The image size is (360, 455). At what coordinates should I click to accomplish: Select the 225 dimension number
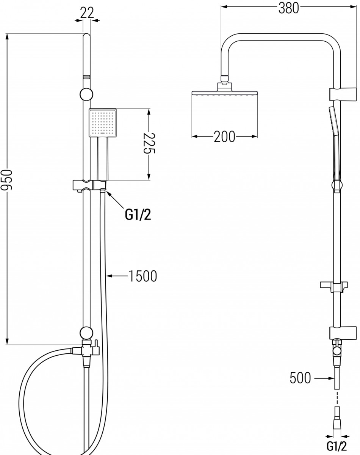point(149,143)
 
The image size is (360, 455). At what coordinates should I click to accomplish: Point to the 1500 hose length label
point(143,276)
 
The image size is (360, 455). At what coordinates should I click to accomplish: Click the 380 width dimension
point(288,8)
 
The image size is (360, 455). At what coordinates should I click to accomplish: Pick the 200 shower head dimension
point(224,137)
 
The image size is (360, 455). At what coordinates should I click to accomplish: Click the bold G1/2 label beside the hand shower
point(138,215)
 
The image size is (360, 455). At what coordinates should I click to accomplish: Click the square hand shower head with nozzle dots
point(103,122)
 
